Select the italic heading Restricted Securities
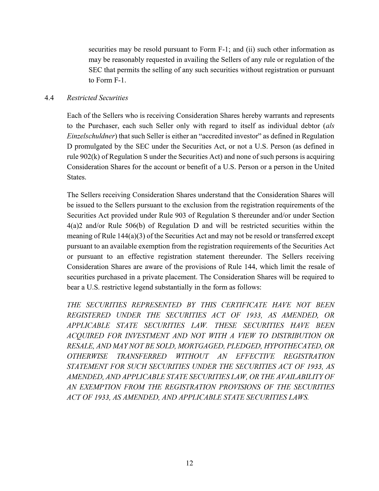(x=97, y=98)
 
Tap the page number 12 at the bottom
(x=189, y=463)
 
